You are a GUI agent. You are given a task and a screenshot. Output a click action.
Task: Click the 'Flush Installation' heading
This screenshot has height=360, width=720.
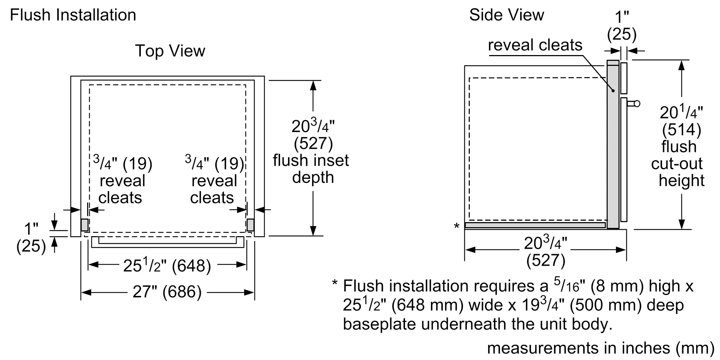73,15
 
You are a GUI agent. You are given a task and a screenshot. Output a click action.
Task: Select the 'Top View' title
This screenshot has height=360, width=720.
170,51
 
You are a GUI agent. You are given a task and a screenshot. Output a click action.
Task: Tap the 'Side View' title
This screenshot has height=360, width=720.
507,15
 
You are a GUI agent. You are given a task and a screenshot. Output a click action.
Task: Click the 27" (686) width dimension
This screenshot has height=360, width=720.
167,292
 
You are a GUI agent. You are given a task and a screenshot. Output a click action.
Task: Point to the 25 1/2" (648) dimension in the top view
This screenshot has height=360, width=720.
167,266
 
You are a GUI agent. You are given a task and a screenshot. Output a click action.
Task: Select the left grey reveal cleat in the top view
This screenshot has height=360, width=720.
84,225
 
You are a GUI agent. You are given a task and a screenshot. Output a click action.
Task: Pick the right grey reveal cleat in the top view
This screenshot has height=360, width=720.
250,225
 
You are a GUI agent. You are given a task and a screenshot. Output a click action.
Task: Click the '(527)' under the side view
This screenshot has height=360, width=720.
546,260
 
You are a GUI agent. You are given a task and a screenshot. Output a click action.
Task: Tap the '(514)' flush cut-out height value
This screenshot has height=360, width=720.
681,130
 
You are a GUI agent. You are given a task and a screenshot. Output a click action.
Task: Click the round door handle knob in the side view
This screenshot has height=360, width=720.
637,104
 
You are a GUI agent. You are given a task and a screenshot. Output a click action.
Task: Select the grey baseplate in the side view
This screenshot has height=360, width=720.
535,225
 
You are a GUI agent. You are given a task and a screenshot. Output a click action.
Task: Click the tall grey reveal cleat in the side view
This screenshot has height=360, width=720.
613,144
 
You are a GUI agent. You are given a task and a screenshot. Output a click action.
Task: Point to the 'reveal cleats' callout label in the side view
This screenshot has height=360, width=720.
535,45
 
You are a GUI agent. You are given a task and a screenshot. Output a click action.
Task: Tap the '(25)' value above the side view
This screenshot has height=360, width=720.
622,35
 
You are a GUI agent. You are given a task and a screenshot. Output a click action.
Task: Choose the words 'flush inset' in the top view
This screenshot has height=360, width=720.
311,161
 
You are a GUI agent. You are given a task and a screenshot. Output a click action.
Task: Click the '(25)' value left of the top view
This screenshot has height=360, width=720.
31,246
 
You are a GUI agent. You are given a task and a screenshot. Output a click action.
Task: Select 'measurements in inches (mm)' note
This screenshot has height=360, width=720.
600,348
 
